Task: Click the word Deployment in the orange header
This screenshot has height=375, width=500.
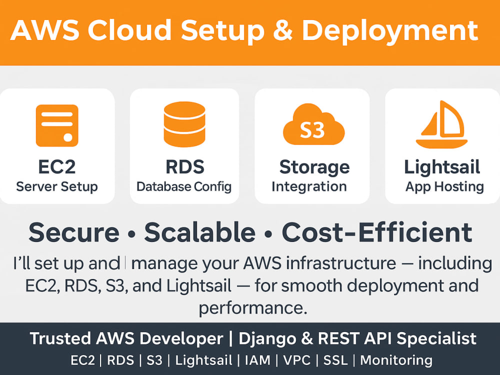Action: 389,31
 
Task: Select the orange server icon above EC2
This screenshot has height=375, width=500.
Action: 57,125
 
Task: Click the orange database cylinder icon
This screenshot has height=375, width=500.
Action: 184,124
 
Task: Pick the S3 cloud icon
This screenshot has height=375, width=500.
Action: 314,124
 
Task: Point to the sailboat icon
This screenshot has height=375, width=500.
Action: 442,124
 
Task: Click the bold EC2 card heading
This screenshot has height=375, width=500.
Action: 57,167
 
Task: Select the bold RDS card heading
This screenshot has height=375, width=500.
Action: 185,167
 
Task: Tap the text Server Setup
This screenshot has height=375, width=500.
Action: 57,186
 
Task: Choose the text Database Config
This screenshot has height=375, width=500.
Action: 184,186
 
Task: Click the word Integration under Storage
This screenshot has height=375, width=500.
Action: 309,186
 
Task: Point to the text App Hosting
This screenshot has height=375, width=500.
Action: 445,186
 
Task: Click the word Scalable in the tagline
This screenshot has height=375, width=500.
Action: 200,232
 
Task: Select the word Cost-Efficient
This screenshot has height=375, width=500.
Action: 377,232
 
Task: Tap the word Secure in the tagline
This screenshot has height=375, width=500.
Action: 74,232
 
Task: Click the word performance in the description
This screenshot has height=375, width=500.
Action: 253,308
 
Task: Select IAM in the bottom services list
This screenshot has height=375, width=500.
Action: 257,360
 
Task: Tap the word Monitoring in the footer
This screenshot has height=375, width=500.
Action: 396,360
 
